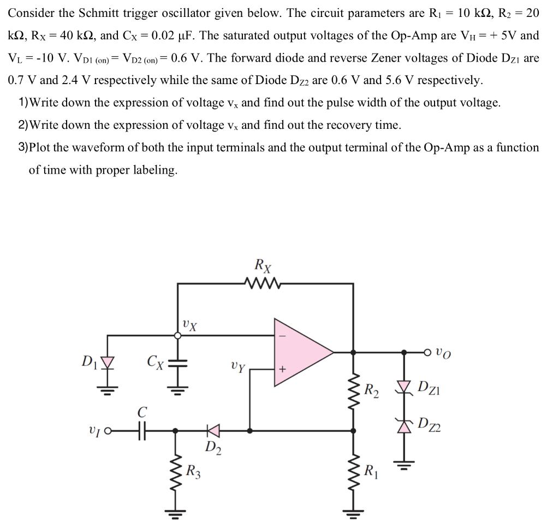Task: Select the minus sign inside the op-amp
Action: [282, 336]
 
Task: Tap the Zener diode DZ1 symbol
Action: [405, 389]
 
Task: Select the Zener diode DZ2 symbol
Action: [405, 426]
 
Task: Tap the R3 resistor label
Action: [193, 470]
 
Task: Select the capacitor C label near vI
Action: [141, 413]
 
